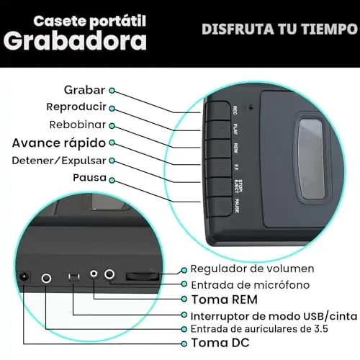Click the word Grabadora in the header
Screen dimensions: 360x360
coord(75,41)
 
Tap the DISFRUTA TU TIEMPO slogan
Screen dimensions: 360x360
coord(280,30)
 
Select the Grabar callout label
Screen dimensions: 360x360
coord(84,90)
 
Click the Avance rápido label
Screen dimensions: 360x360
coord(59,143)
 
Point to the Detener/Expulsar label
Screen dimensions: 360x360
coord(59,161)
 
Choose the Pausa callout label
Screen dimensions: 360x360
coord(89,178)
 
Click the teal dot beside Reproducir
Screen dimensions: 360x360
coord(112,109)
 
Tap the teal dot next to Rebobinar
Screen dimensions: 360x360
coord(112,126)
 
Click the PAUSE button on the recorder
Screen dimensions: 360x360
coord(219,207)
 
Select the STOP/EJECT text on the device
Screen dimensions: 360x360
coord(238,186)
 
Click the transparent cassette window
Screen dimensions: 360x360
coord(311,158)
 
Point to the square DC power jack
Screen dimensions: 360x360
coord(24,277)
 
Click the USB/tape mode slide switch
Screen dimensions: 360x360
coord(74,277)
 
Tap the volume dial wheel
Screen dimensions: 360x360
coord(143,276)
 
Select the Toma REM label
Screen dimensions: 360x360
coord(225,300)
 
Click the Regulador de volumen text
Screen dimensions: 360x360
coord(252,269)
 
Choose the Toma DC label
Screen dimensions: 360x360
coord(220,343)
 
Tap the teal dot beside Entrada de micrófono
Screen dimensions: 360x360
coord(184,284)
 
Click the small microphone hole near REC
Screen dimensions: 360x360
coord(251,107)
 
